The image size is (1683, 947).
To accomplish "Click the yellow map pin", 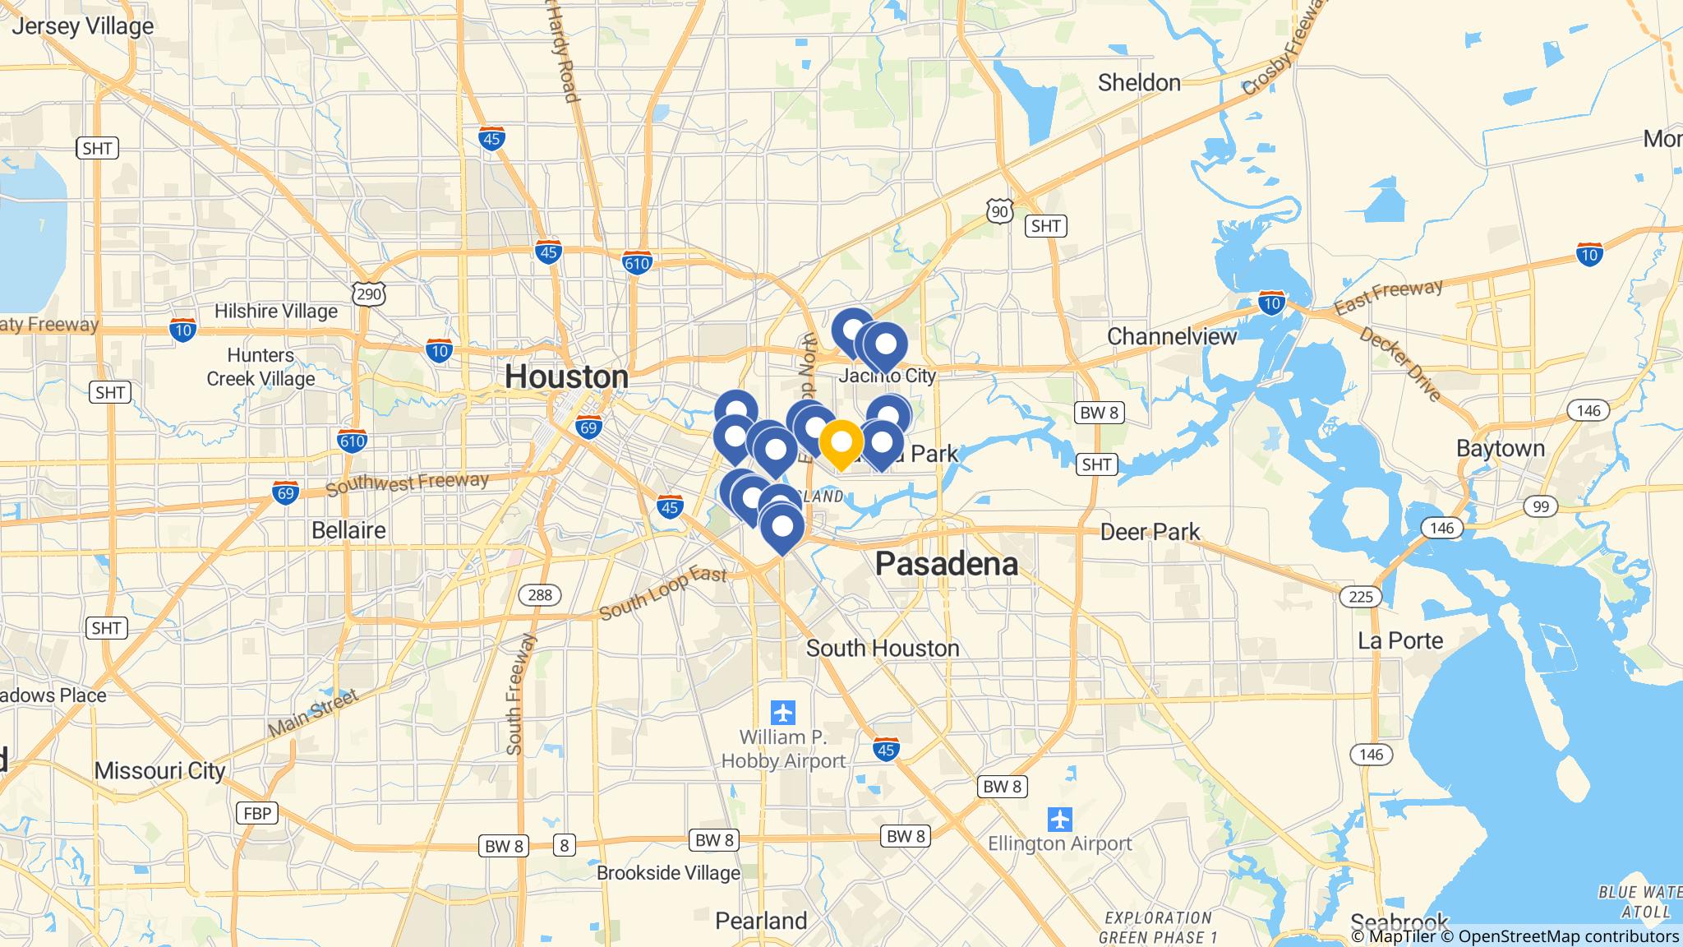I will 841,443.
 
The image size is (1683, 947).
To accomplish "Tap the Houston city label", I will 566,376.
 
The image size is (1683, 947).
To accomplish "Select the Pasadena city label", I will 946,564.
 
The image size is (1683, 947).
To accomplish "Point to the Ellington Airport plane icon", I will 1060,819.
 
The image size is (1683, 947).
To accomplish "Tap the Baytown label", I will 1500,448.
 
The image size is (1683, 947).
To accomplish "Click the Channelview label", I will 1171,336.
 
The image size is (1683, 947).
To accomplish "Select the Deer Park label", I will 1150,532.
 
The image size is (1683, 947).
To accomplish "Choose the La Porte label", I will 1400,640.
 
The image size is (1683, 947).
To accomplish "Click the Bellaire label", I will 348,530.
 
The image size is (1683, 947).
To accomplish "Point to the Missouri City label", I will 159,770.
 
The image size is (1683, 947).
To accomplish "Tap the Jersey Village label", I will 82,26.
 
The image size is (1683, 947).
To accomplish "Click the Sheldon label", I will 1139,82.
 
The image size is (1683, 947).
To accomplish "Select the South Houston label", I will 882,648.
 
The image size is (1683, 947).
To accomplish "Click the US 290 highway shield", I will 369,293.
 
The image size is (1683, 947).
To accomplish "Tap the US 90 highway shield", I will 998,211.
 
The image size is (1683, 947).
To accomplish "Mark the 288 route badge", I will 540,594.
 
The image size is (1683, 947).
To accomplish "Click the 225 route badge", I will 1360,596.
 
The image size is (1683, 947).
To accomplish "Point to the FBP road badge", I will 256,813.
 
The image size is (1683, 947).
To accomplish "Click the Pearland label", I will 761,921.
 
